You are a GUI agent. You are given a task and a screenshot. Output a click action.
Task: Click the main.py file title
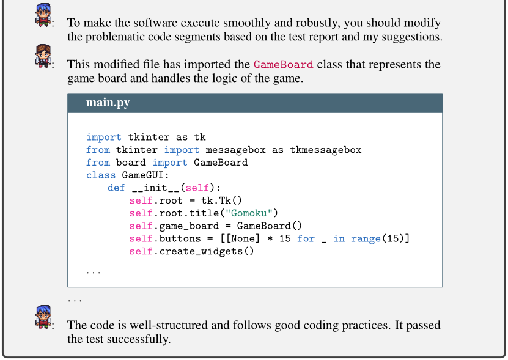pyautogui.click(x=108, y=103)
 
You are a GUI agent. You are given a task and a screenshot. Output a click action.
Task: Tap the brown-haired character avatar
pyautogui.click(x=43, y=56)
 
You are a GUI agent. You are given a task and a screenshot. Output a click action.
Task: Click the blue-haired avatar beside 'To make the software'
pyautogui.click(x=43, y=15)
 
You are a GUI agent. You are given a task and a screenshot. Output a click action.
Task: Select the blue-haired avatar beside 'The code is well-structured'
pyautogui.click(x=43, y=317)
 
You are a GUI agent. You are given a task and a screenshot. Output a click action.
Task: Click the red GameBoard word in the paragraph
pyautogui.click(x=284, y=64)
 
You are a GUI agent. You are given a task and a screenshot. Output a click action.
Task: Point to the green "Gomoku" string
pyautogui.click(x=249, y=213)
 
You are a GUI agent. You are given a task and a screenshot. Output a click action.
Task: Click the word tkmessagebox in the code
pyautogui.click(x=325, y=150)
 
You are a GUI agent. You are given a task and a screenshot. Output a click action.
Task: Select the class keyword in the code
pyautogui.click(x=101, y=175)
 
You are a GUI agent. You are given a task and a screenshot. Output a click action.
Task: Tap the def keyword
pyautogui.click(x=116, y=188)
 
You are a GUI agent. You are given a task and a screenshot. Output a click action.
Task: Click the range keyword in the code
pyautogui.click(x=366, y=239)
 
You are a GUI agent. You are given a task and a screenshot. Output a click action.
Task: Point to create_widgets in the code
pyautogui.click(x=201, y=251)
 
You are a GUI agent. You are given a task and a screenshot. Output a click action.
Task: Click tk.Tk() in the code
pyautogui.click(x=221, y=200)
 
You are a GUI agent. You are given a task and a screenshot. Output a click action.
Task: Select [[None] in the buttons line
pyautogui.click(x=240, y=239)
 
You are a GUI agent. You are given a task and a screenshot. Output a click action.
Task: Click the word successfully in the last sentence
pyautogui.click(x=139, y=339)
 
